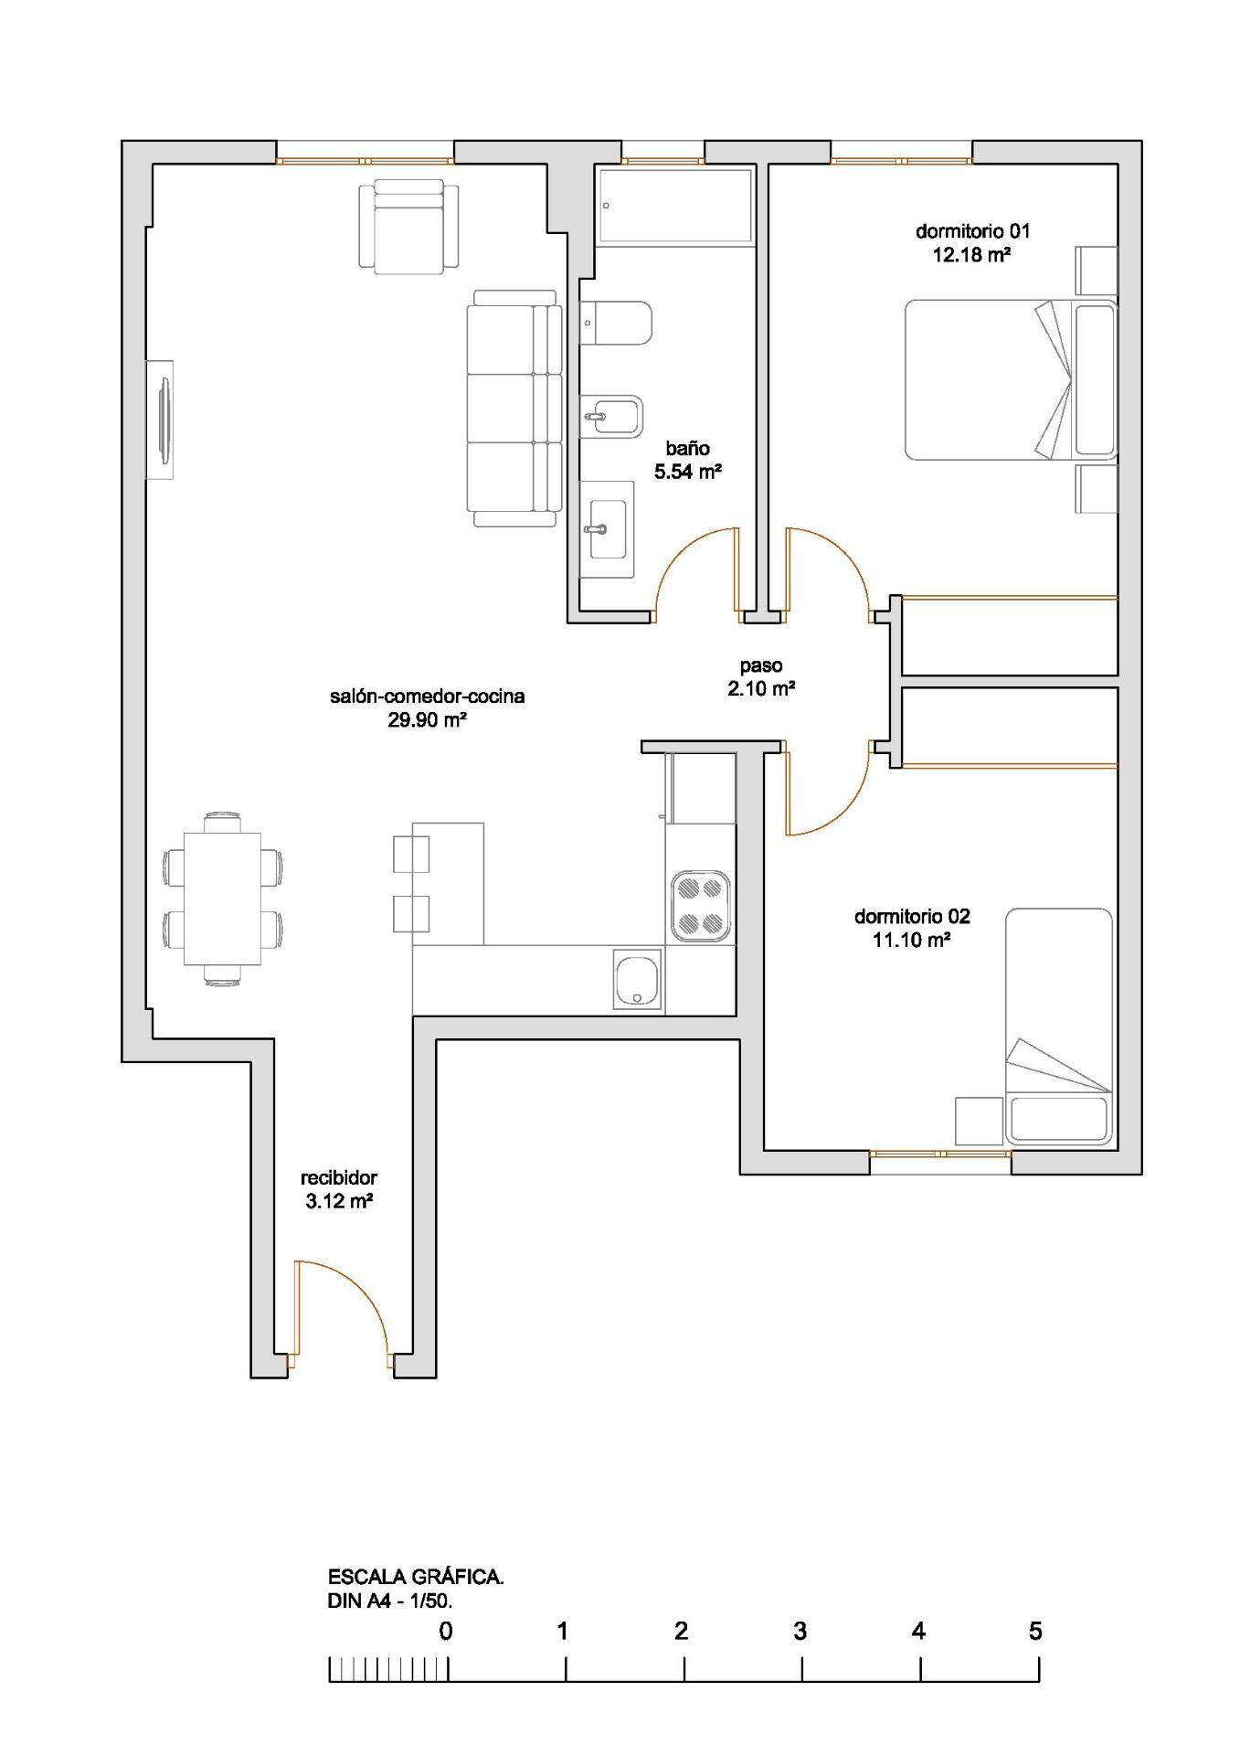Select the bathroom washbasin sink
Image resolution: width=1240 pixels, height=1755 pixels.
608,528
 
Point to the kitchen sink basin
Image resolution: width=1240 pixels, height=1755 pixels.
637,981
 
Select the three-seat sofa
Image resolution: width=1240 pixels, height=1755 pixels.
514,409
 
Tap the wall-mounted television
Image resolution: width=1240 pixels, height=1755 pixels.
162,418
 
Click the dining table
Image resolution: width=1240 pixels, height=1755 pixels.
222,898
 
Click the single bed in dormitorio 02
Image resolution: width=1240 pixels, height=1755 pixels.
1059,1026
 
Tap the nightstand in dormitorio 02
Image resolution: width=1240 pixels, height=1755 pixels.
979,1121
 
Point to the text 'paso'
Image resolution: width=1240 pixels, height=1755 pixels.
760,666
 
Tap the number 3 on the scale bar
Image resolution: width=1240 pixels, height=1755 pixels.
800,1631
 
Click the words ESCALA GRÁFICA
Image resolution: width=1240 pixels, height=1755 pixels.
416,1577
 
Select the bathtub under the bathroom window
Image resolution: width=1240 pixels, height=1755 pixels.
675,206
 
